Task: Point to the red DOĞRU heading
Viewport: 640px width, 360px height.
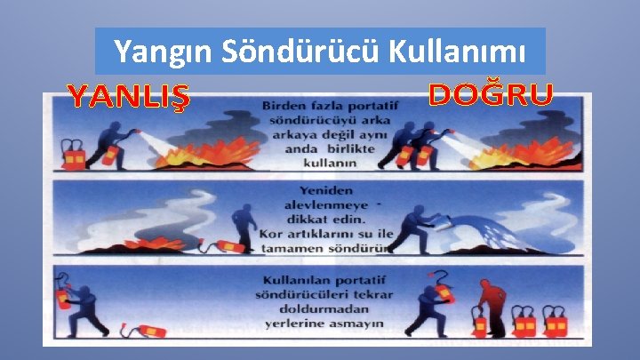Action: click(491, 93)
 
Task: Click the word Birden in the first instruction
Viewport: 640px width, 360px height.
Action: click(284, 107)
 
